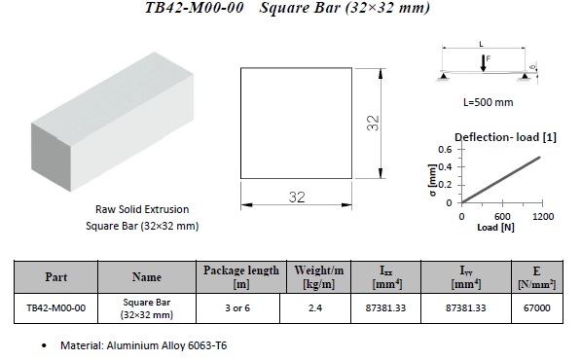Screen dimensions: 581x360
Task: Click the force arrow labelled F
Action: (x=483, y=63)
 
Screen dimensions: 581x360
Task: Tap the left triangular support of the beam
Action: (x=443, y=76)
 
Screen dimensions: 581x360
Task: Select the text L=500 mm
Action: (x=488, y=102)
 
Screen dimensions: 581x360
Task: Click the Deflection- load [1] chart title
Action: (x=505, y=137)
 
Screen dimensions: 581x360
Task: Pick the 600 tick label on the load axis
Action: (x=502, y=217)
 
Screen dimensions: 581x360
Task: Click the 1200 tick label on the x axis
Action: (x=543, y=217)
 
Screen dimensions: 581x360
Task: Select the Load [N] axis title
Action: (x=495, y=227)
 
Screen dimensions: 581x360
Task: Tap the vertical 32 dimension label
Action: (x=373, y=123)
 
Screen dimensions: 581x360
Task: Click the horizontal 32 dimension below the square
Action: (x=297, y=198)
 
